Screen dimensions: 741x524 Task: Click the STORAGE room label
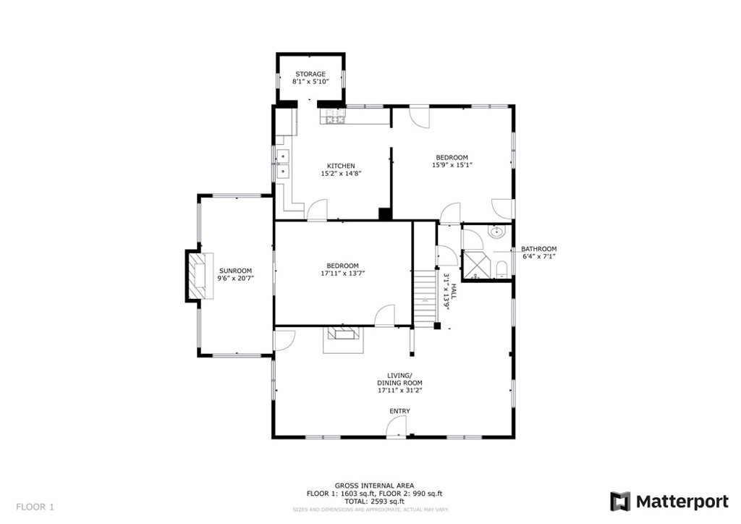tap(310, 74)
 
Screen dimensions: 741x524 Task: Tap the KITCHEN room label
tap(342, 166)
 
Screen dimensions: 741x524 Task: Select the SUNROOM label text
tap(235, 271)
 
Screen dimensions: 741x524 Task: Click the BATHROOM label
tap(538, 248)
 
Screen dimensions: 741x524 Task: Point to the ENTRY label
tap(399, 411)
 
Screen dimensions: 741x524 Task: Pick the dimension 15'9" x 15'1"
tap(452, 165)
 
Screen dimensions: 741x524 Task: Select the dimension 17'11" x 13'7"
tap(342, 273)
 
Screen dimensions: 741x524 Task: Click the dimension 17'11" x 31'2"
tap(399, 390)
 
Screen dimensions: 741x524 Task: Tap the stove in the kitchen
tap(333, 117)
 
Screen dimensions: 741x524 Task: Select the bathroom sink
tap(496, 232)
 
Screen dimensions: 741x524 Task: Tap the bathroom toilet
tap(501, 270)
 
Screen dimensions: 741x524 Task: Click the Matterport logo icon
tap(620, 502)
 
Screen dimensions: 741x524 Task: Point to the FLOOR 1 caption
tap(35, 507)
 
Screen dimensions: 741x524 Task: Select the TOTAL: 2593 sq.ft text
tap(374, 502)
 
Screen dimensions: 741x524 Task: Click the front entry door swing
tap(396, 428)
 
